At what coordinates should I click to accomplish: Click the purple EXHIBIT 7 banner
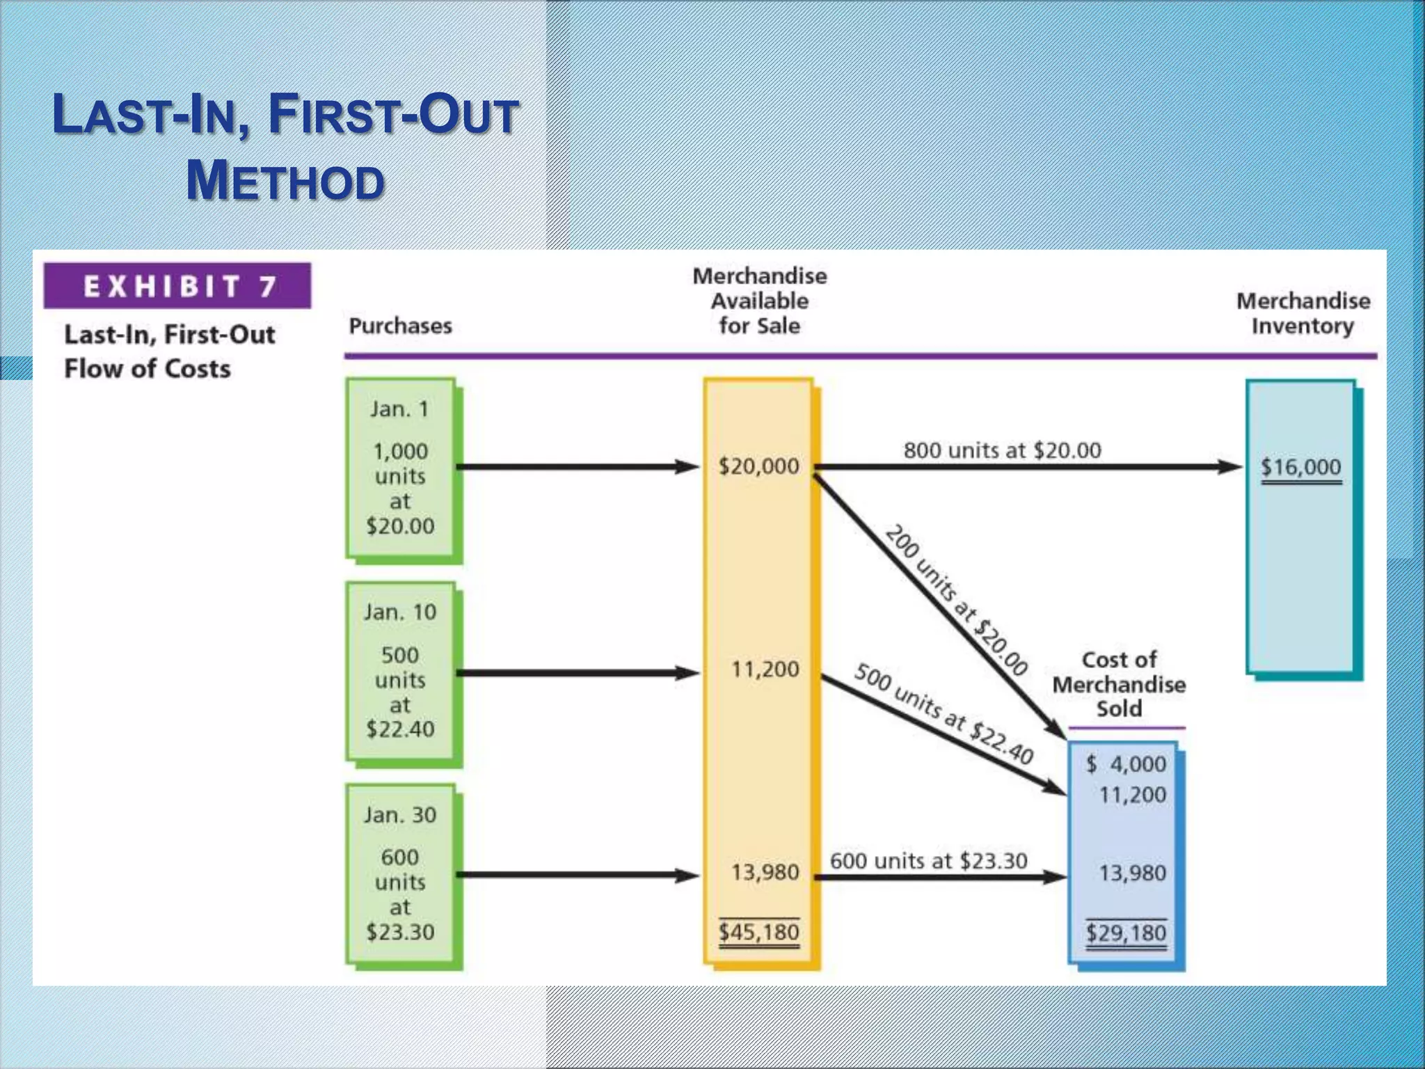[x=177, y=286]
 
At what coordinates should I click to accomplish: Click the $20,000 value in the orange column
[x=759, y=466]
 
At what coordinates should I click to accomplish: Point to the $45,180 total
[x=759, y=932]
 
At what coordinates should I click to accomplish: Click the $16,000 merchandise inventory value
[x=1300, y=467]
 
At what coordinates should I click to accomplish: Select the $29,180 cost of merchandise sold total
[x=1126, y=933]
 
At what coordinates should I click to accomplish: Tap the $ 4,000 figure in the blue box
[x=1127, y=764]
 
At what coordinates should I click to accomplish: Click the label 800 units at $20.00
[x=1002, y=450]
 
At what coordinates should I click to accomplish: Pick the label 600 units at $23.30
[x=928, y=861]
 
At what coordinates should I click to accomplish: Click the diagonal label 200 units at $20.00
[x=956, y=600]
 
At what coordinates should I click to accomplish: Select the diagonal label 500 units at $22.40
[x=944, y=714]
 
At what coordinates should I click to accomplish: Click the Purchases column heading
[x=400, y=326]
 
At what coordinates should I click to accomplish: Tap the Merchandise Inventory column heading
[x=1303, y=313]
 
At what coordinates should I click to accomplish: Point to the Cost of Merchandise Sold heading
[x=1119, y=684]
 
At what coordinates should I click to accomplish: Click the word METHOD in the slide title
[x=285, y=181]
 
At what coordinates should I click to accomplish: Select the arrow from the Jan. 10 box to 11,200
[x=578, y=673]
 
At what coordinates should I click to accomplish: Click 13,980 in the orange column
[x=765, y=872]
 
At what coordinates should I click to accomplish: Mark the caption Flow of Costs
[x=148, y=369]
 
